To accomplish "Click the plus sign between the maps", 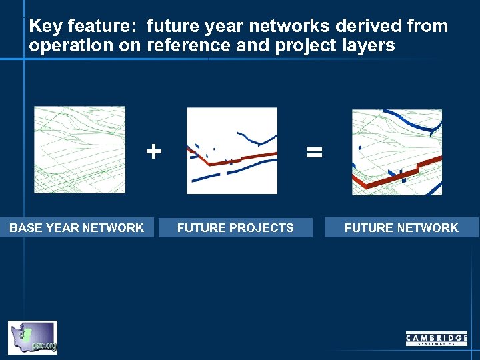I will coord(153,151).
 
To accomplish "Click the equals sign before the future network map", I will coord(314,152).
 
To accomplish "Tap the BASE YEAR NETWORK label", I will coord(77,228).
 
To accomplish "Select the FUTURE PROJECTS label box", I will coord(235,228).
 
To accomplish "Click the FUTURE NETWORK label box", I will coord(401,228).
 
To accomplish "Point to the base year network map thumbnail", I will coord(79,150).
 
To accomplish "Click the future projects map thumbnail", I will coord(231,151).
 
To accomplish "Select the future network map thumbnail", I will coord(397,152).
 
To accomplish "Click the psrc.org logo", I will coord(33,337).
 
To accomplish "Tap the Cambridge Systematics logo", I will coord(437,339).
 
